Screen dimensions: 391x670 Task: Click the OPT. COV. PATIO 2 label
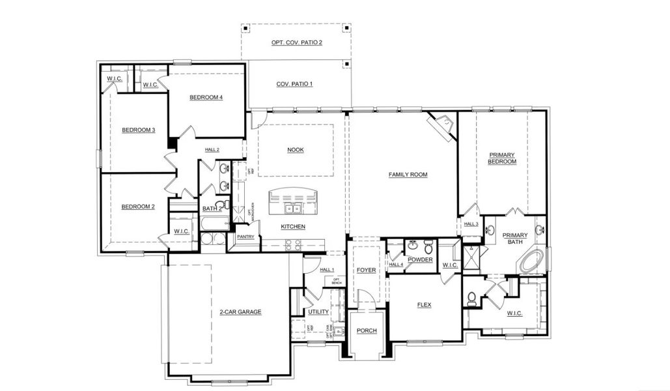(x=297, y=42)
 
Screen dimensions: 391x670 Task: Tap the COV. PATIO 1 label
(x=294, y=84)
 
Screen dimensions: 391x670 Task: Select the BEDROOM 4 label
(x=206, y=98)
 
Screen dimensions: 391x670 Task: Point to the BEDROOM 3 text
(x=138, y=130)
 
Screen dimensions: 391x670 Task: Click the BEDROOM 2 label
(x=138, y=207)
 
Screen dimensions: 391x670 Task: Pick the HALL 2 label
(x=212, y=150)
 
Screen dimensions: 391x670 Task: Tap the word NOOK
(x=296, y=150)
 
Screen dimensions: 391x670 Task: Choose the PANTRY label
(x=245, y=237)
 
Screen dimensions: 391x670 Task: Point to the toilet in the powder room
(x=428, y=248)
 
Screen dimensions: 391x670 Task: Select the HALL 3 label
(x=471, y=224)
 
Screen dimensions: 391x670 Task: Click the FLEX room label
(x=425, y=304)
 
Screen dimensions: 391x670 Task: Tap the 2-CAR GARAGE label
(x=240, y=312)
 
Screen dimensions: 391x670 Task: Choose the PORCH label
(x=367, y=330)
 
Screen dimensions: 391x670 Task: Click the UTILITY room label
(x=318, y=312)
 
